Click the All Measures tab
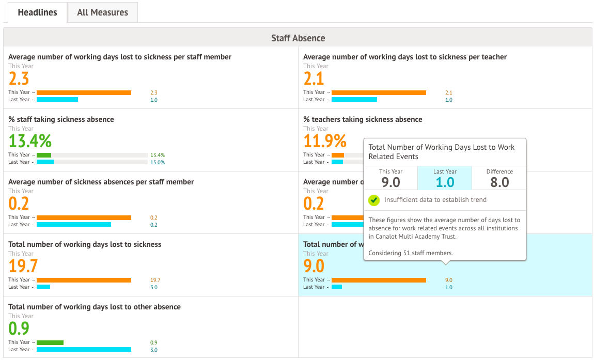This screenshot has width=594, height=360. [102, 12]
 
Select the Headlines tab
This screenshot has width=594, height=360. [37, 12]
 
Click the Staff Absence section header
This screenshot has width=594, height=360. [298, 38]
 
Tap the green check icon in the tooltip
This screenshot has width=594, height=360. [373, 200]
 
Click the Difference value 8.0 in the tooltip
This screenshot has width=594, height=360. [499, 182]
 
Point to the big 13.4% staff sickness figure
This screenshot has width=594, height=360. [30, 141]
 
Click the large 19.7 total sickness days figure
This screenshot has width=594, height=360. [23, 266]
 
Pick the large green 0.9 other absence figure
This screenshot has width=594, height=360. [19, 328]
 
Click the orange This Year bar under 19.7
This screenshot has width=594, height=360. [84, 280]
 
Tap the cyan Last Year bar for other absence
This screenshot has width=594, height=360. [84, 350]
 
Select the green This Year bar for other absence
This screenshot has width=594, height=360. [50, 342]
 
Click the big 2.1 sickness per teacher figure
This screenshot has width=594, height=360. [314, 79]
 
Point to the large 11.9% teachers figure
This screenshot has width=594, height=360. [325, 141]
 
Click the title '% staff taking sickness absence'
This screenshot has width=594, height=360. [61, 119]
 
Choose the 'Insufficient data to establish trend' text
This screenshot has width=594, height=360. [435, 200]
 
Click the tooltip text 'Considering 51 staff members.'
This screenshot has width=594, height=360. [411, 253]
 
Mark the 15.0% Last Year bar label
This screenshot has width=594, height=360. [158, 162]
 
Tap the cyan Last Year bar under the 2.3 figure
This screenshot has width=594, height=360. [57, 100]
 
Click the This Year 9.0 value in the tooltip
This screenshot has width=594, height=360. [391, 182]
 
